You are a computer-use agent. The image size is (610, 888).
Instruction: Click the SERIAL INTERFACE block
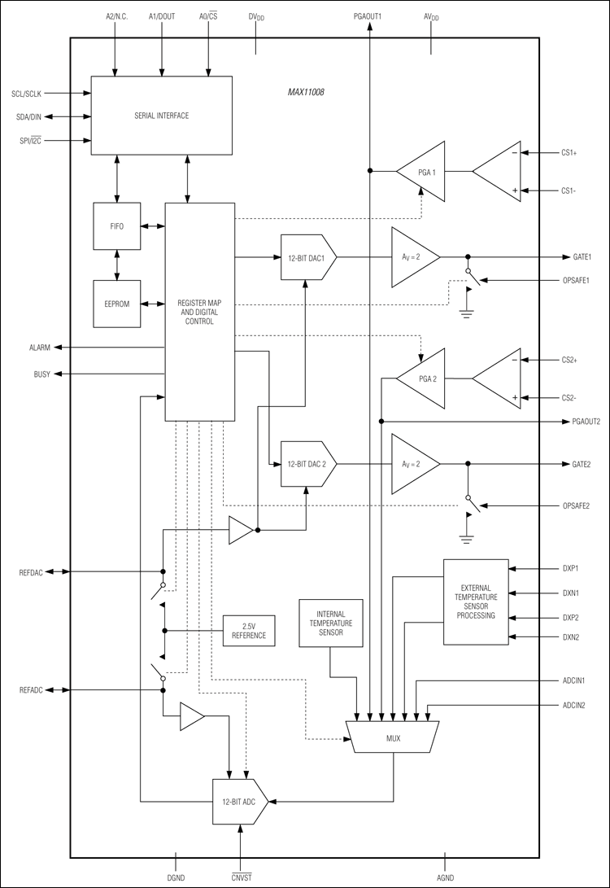coord(161,116)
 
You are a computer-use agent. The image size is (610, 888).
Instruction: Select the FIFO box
coord(117,225)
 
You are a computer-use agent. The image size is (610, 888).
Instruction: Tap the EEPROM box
coord(117,304)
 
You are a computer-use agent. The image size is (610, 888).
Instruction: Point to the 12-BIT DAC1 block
coord(307,258)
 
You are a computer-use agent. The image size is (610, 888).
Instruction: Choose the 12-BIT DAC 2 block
coord(307,464)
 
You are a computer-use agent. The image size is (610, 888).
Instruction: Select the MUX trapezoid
coord(394,737)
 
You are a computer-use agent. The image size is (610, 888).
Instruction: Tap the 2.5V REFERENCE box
coord(249,630)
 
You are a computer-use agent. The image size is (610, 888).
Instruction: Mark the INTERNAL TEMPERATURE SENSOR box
coord(330,623)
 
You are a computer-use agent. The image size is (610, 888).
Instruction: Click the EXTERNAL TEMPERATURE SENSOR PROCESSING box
coord(476,601)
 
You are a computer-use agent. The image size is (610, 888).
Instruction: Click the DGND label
coord(176,878)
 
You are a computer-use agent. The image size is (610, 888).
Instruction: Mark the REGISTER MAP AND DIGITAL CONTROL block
coord(200,311)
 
